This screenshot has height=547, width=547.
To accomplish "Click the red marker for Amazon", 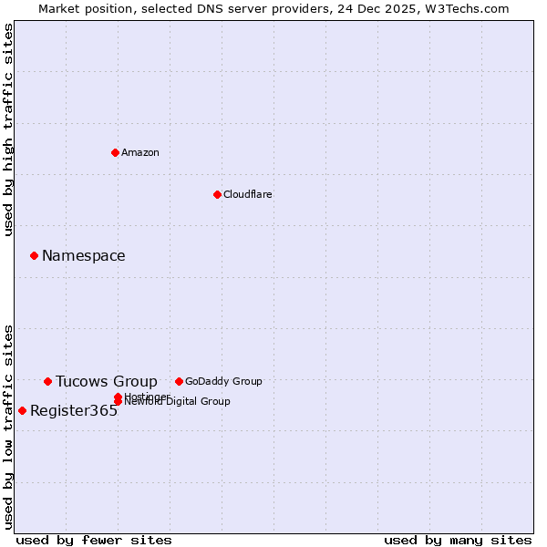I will pos(115,152).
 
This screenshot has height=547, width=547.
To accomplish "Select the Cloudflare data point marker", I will pos(217,194).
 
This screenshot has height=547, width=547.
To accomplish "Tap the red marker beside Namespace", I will pos(34,255).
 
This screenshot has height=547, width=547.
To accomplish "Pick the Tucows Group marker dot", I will pos(47,381).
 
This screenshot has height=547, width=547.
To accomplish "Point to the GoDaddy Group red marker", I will pos(179,381).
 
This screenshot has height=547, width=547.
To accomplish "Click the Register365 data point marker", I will pos(22,410).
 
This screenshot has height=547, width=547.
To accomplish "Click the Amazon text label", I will pos(140,152).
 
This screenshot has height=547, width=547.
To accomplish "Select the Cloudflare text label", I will pos(248,194).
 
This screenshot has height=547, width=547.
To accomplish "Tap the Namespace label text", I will pos(84,255).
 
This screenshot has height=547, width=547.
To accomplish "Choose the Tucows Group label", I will pos(107,381).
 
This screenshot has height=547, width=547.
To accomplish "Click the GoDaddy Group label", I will pos(223,381).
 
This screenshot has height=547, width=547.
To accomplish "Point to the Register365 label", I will pos(74,410).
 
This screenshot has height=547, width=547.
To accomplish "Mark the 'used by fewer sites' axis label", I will pos(94,540).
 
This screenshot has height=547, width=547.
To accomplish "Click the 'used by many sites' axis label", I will pos(458,540).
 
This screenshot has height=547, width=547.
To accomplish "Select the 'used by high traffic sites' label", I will pos(9,129).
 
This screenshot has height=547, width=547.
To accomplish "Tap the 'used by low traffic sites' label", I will pos(9,426).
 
